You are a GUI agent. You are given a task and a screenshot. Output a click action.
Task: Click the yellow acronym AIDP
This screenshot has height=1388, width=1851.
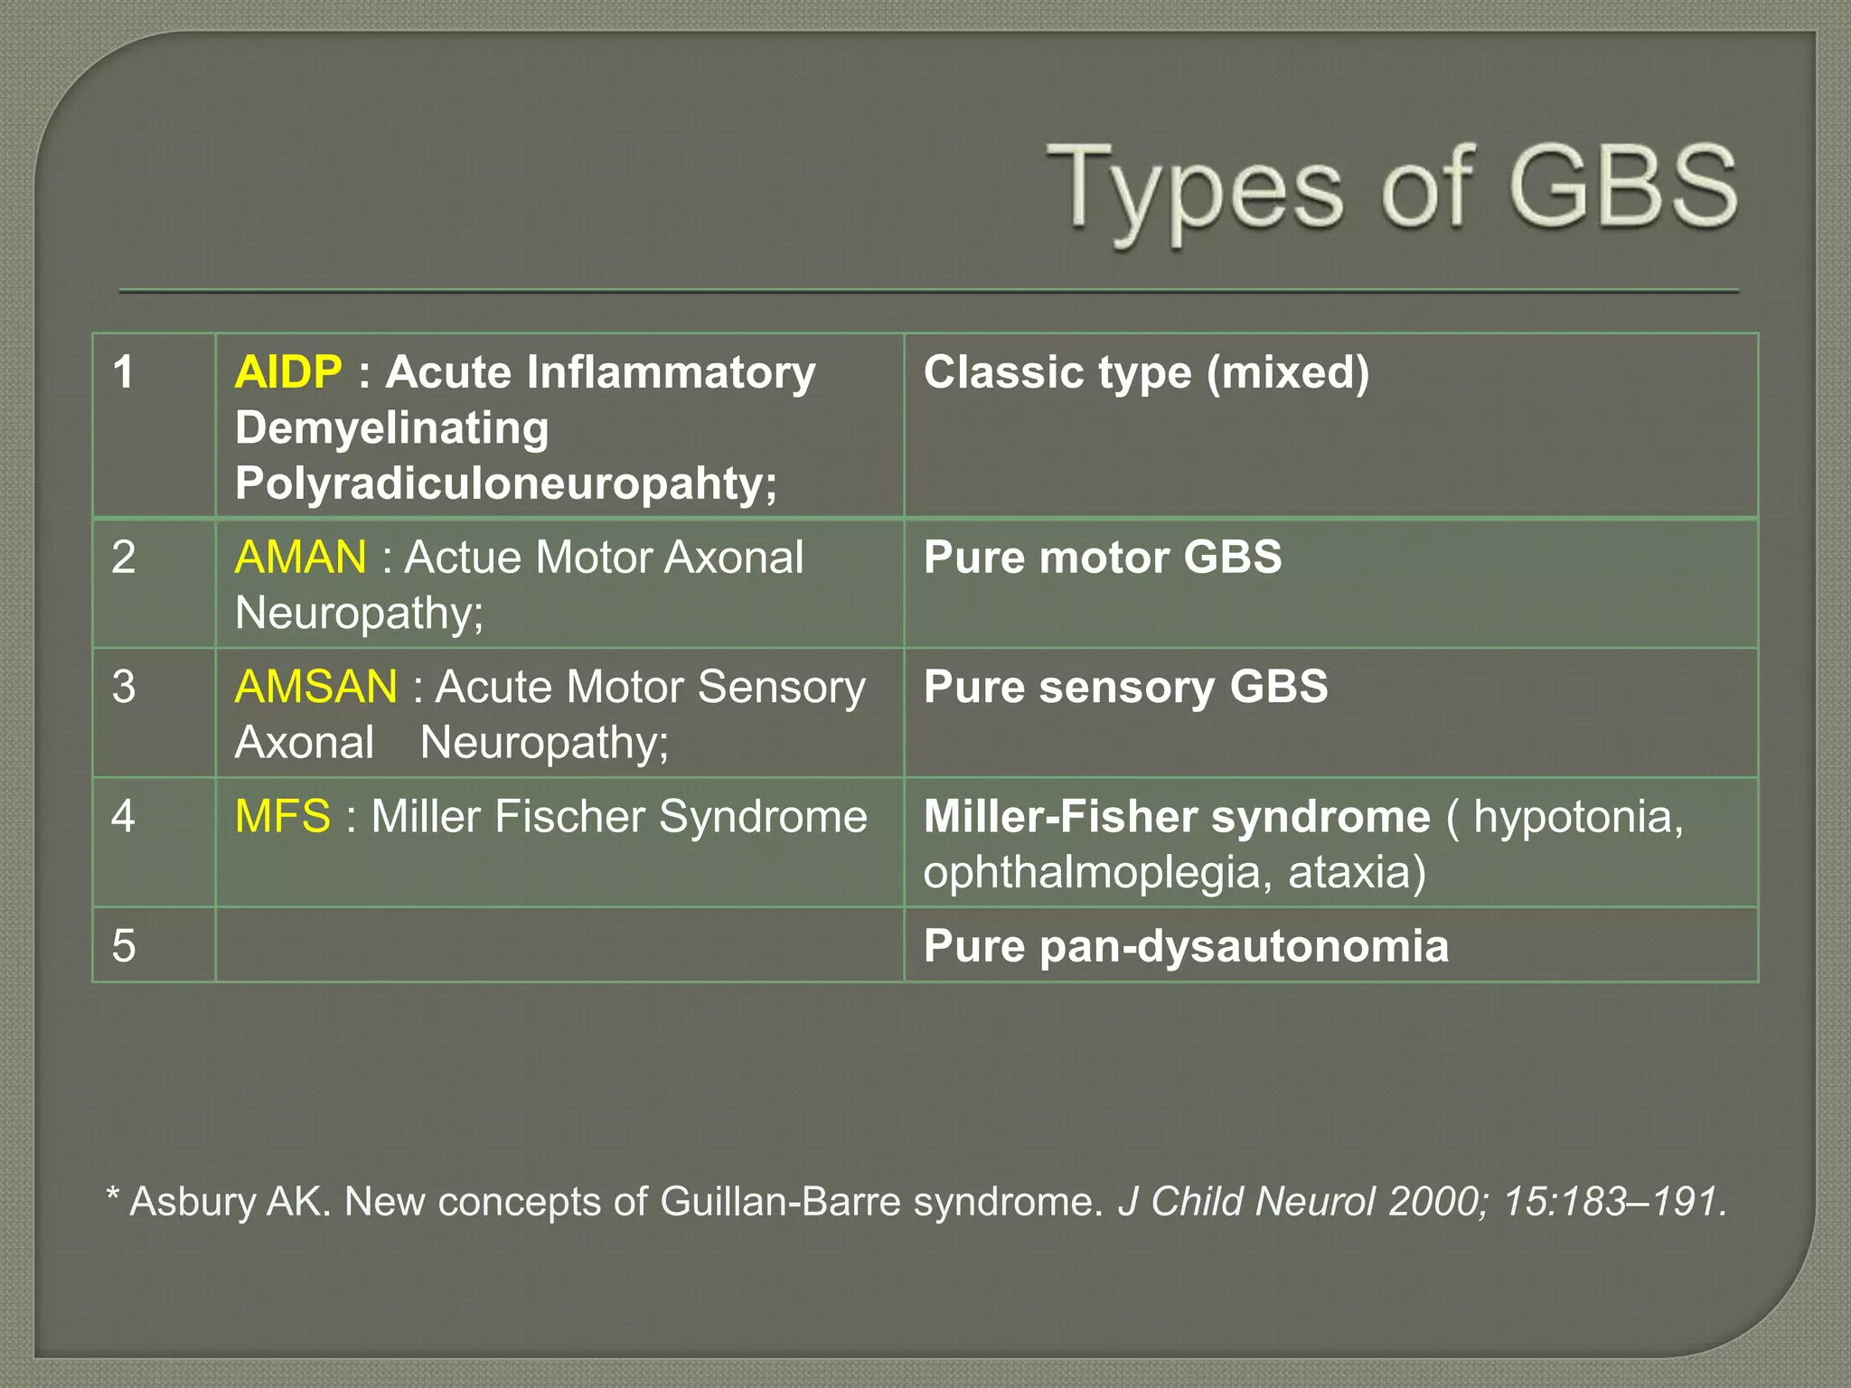point(288,372)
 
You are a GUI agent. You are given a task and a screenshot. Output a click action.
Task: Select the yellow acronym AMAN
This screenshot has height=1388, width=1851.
point(301,557)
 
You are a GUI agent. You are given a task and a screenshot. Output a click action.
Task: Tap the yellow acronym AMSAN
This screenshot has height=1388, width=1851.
point(316,687)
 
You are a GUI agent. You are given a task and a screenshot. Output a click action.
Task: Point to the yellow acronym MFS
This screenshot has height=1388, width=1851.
point(283,817)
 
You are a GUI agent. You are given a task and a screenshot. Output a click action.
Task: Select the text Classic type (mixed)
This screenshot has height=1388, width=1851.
point(1146,372)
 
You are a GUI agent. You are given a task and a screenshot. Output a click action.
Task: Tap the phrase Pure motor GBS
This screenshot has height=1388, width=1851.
point(1103,557)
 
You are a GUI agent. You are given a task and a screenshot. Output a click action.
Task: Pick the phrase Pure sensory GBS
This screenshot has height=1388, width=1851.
point(1125,687)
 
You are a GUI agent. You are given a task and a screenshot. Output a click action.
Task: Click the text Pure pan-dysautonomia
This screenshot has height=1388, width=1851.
point(1186,946)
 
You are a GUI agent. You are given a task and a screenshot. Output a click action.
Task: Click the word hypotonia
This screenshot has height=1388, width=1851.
point(1577,817)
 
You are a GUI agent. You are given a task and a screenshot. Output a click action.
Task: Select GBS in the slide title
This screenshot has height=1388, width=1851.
point(1622,188)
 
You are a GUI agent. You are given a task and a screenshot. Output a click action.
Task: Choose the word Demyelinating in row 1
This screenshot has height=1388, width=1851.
point(392,428)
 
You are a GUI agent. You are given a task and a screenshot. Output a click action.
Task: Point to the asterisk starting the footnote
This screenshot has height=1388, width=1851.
point(113,1197)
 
